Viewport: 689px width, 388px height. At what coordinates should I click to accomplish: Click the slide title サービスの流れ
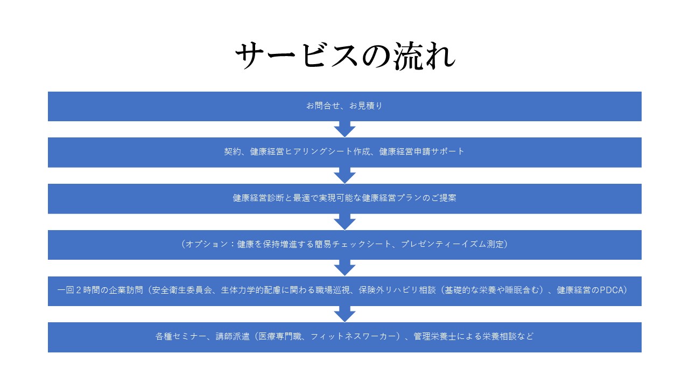[345, 56]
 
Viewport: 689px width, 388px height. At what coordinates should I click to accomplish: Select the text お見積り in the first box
[365, 106]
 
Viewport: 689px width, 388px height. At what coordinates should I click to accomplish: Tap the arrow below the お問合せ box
[344, 129]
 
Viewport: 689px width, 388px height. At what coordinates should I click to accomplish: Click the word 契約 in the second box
[232, 151]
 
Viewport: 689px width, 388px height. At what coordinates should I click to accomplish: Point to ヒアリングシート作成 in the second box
[327, 151]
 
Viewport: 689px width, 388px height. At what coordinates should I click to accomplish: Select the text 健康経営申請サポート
[421, 151]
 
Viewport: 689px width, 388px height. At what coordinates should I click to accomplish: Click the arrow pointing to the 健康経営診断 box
[344, 176]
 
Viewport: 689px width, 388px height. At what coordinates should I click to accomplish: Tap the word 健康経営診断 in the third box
[258, 198]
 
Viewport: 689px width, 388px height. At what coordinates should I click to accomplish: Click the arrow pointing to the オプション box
[344, 221]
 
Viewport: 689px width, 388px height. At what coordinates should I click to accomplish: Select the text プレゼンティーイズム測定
[452, 244]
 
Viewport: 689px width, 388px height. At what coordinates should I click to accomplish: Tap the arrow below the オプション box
[344, 268]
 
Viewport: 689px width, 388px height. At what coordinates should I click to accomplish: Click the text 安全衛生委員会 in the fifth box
[182, 290]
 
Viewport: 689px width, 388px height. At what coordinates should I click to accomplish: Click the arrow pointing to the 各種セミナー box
[344, 314]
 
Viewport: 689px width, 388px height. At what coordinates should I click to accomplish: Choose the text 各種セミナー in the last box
[180, 336]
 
